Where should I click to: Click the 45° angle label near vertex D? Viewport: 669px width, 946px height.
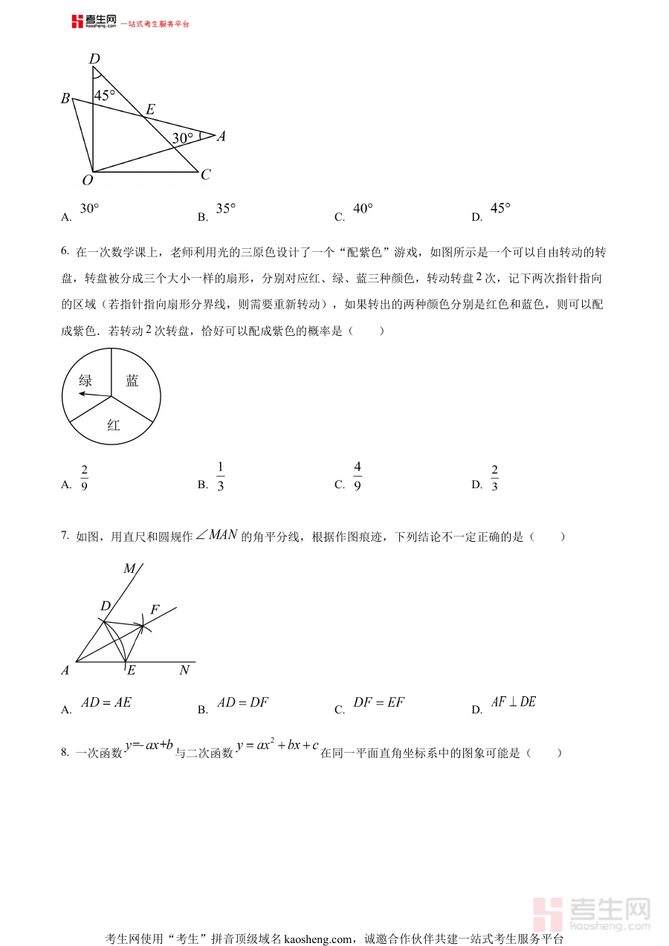tap(105, 95)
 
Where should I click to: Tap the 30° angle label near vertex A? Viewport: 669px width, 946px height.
tap(183, 137)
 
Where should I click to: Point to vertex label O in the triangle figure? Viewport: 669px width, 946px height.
tap(87, 180)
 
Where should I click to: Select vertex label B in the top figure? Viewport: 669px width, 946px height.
tap(65, 99)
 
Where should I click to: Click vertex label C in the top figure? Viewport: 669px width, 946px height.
tap(206, 175)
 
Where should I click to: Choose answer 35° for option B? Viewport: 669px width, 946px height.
tap(226, 209)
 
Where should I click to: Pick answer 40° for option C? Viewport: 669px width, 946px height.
tap(363, 209)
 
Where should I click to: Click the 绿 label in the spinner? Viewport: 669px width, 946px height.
tap(86, 380)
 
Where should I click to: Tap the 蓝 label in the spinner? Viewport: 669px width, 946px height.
tap(132, 380)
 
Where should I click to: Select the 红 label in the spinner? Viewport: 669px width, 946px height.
tap(114, 425)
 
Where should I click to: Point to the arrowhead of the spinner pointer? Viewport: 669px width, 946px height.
tap(81, 394)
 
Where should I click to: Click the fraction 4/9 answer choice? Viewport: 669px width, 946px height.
tap(358, 476)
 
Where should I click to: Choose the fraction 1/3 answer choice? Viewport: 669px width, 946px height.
tap(221, 476)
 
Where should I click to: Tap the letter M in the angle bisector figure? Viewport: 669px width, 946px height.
tap(129, 568)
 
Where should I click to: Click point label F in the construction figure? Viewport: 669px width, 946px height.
tap(155, 609)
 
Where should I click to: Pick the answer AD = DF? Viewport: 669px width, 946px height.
tap(243, 702)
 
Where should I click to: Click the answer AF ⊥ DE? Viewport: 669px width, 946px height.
tap(514, 702)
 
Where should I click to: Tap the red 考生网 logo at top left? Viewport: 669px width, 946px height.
tap(94, 22)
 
